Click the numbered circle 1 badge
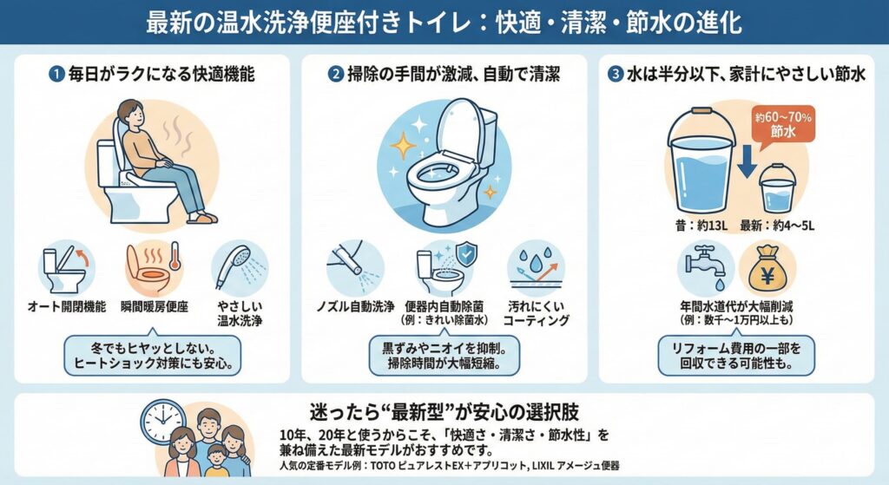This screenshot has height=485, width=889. pyautogui.click(x=56, y=75)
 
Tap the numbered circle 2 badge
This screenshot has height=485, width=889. pyautogui.click(x=336, y=75)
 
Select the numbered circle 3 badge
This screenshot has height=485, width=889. pyautogui.click(x=616, y=75)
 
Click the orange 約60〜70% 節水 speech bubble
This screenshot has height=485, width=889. pyautogui.click(x=782, y=125)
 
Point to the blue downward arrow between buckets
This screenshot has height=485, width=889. pyautogui.click(x=747, y=161)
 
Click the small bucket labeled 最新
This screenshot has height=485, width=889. pyautogui.click(x=777, y=188)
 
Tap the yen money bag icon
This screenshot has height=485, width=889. pyautogui.click(x=767, y=268)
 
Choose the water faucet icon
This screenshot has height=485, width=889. pyautogui.click(x=705, y=266)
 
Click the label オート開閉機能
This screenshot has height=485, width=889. pyautogui.click(x=67, y=307)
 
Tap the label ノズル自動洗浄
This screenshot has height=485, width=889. pyautogui.click(x=355, y=307)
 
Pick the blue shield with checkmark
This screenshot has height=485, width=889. pyautogui.click(x=466, y=254)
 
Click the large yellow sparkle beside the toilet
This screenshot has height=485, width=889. pyautogui.click(x=403, y=146)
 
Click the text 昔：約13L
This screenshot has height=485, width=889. pyautogui.click(x=701, y=226)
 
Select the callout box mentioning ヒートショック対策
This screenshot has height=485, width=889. pyautogui.click(x=153, y=355)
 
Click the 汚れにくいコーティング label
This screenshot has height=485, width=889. pyautogui.click(x=536, y=313)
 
